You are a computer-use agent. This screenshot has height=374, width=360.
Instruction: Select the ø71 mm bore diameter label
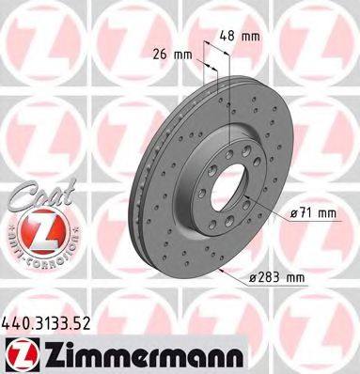[x=313, y=213]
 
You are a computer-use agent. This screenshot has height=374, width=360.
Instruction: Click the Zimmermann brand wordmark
[x=191, y=353]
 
